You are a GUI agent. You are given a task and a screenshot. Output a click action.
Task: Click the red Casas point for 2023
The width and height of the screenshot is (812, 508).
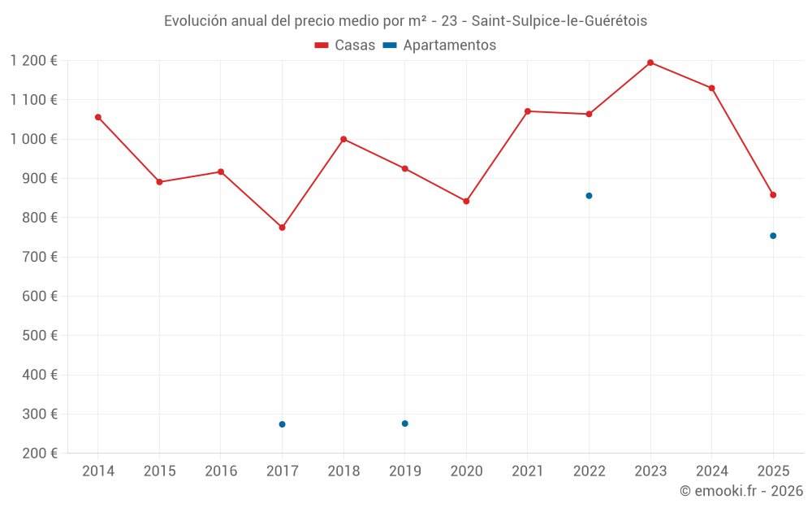(x=650, y=63)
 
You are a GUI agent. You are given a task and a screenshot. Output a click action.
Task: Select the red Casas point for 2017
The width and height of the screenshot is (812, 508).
(x=282, y=228)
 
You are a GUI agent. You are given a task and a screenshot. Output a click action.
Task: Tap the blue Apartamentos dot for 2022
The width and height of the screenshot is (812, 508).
(x=589, y=196)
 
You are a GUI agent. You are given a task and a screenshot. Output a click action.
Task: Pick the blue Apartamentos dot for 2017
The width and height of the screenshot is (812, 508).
(x=282, y=424)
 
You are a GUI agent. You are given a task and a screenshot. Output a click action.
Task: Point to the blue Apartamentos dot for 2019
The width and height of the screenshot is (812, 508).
(x=404, y=423)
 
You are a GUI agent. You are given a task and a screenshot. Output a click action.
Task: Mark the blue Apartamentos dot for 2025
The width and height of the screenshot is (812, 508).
(x=773, y=236)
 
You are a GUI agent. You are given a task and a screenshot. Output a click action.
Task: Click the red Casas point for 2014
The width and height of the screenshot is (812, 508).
(x=98, y=117)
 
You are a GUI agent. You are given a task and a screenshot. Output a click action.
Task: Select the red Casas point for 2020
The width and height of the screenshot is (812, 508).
(x=466, y=202)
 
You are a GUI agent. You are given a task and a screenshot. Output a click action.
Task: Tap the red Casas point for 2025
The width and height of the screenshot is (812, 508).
(x=773, y=195)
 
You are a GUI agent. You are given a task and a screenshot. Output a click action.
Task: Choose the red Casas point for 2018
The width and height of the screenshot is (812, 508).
(x=343, y=139)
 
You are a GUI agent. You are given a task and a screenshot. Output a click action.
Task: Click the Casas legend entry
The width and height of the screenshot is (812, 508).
(x=345, y=46)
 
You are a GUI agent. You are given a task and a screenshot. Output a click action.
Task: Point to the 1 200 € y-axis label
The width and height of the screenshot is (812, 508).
(x=34, y=61)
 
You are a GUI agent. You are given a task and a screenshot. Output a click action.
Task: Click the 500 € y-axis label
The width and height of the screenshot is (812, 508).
(x=40, y=336)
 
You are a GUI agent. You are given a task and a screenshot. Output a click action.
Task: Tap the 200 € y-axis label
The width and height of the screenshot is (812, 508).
(x=40, y=454)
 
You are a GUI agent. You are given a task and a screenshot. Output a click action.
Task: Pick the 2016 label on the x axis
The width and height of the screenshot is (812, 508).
(x=221, y=471)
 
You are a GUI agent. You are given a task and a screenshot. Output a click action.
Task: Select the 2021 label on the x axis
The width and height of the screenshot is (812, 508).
(x=528, y=471)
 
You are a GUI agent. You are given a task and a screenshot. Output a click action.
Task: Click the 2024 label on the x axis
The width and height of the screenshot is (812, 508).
(x=712, y=471)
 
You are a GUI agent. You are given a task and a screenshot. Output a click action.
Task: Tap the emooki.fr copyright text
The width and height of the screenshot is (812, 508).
(x=741, y=491)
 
